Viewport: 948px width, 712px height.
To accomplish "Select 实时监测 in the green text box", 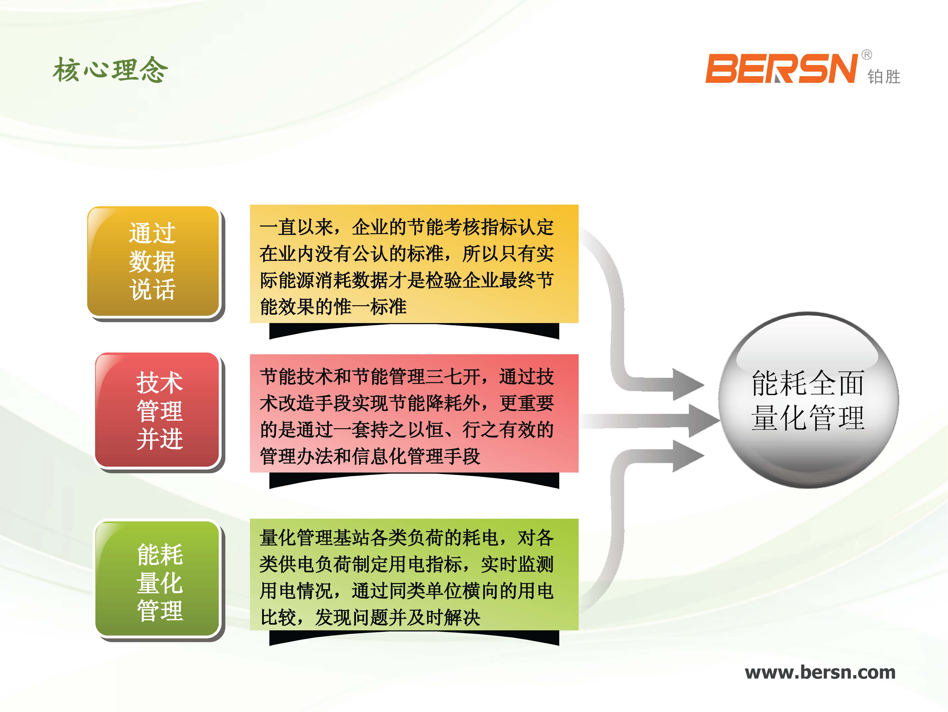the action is (517, 564).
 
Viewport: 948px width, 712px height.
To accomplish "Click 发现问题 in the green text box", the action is (351, 617).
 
